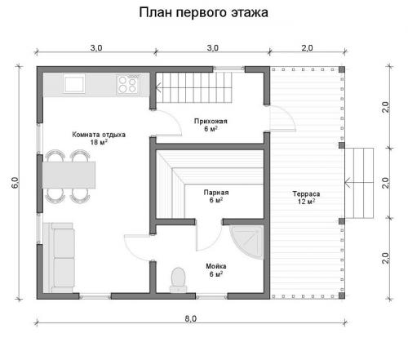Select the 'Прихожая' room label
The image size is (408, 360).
(210, 121)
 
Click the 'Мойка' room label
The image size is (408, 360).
(215, 266)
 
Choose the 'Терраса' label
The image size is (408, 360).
(306, 194)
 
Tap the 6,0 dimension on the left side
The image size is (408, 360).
(15, 184)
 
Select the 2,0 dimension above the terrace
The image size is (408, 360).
(307, 48)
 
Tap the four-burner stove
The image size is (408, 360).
(128, 83)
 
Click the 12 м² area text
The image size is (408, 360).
(306, 202)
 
